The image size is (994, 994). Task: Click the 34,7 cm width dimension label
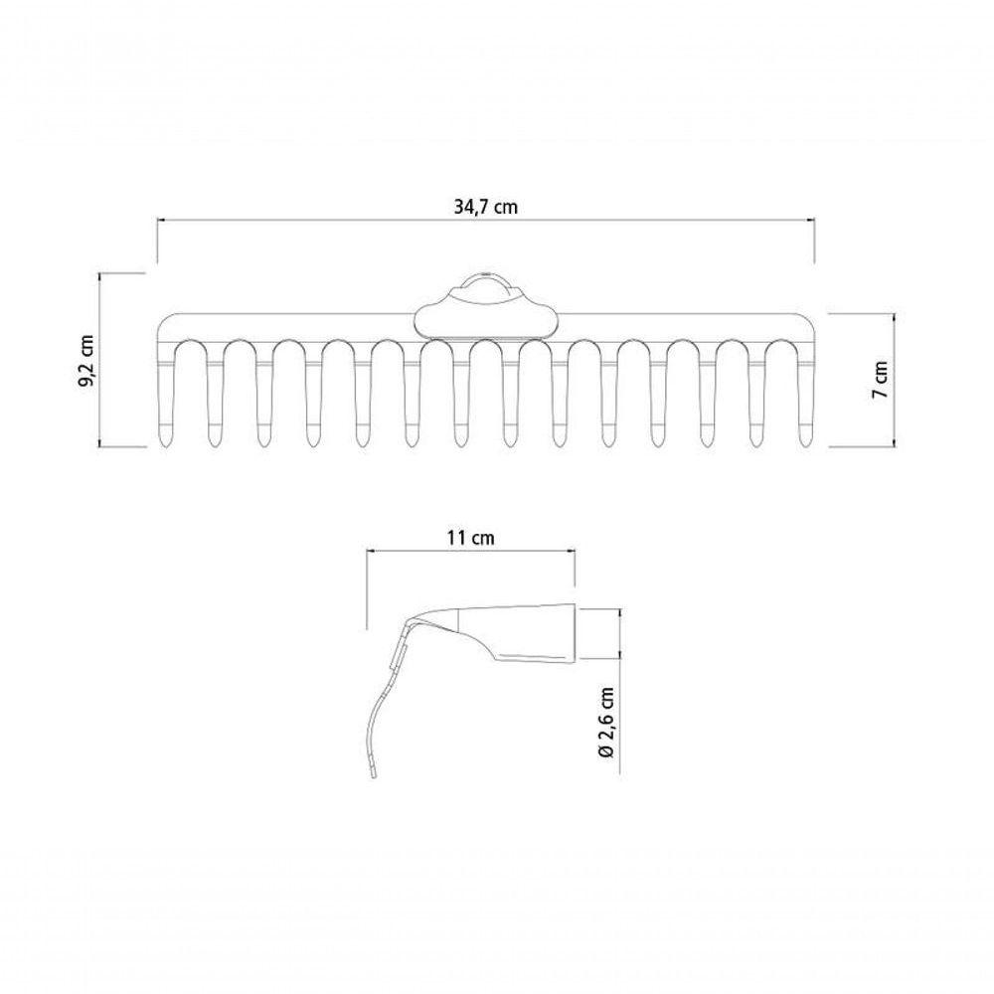pos(486,207)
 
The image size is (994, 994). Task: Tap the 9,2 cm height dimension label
pos(85,362)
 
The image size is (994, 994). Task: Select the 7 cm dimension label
pos(880,380)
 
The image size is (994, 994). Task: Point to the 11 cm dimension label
pos(470,538)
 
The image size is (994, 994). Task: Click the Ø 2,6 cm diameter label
pos(606,722)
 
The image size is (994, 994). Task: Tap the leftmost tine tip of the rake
pos(164,445)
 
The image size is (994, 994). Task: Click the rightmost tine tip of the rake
pos(806,445)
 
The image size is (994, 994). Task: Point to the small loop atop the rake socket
pos(486,279)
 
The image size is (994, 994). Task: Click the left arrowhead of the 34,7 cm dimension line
pos(160,220)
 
